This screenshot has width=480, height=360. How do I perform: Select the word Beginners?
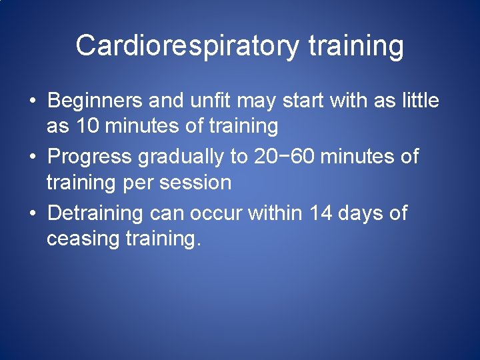click(x=95, y=101)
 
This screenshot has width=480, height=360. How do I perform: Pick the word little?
click(x=420, y=101)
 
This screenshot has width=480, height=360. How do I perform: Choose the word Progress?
click(x=91, y=157)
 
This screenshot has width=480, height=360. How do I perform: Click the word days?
click(x=364, y=214)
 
